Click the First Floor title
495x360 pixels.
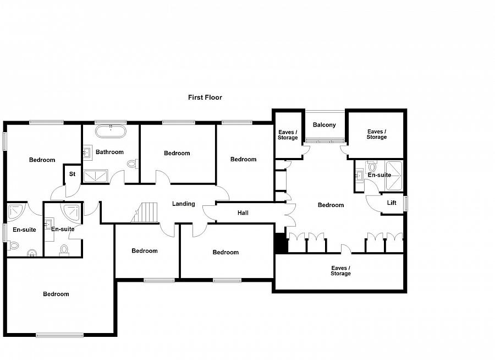coord(205,97)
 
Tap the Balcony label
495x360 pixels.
coord(324,125)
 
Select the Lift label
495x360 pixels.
coord(392,203)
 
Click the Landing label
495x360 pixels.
coord(183,204)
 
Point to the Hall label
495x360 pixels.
coord(243,213)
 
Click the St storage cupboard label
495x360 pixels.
coord(72,175)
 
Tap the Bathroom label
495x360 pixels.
coord(109,152)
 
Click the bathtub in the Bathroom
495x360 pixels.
coord(111,131)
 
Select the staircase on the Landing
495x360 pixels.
coord(145,212)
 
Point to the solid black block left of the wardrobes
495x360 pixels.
coord(280,243)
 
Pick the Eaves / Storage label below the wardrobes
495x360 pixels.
coord(340,271)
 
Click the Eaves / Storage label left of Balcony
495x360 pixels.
coord(288,135)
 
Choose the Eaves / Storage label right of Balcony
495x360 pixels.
coord(377,134)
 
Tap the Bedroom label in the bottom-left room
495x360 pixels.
coord(56,294)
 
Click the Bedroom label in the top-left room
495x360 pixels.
coord(42,160)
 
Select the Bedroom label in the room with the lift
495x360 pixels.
coord(331,205)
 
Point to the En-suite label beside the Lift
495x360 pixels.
coord(379,175)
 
